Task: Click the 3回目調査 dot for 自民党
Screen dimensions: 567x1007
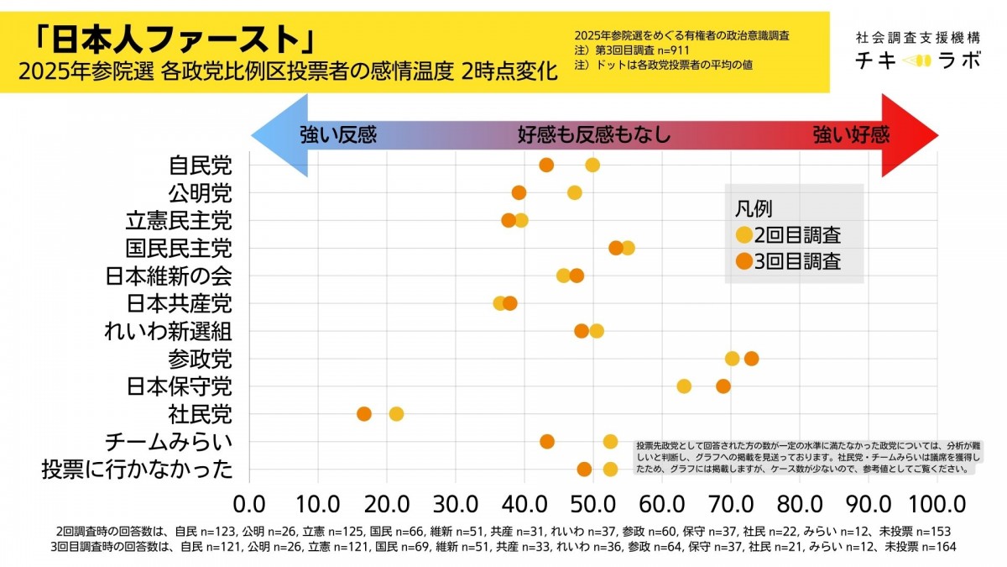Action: [546, 165]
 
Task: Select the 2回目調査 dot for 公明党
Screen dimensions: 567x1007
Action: [575, 192]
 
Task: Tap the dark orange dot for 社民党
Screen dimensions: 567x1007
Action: [364, 413]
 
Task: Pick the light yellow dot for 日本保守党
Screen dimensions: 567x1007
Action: [684, 386]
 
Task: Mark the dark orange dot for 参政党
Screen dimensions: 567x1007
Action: [751, 359]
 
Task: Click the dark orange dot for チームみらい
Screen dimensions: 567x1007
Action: [547, 442]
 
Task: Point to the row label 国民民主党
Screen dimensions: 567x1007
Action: [179, 249]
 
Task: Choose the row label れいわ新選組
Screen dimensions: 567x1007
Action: [168, 331]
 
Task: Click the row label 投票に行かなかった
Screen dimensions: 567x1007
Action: [137, 469]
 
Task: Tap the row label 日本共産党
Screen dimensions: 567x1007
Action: [179, 303]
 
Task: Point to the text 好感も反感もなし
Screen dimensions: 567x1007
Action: [593, 135]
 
